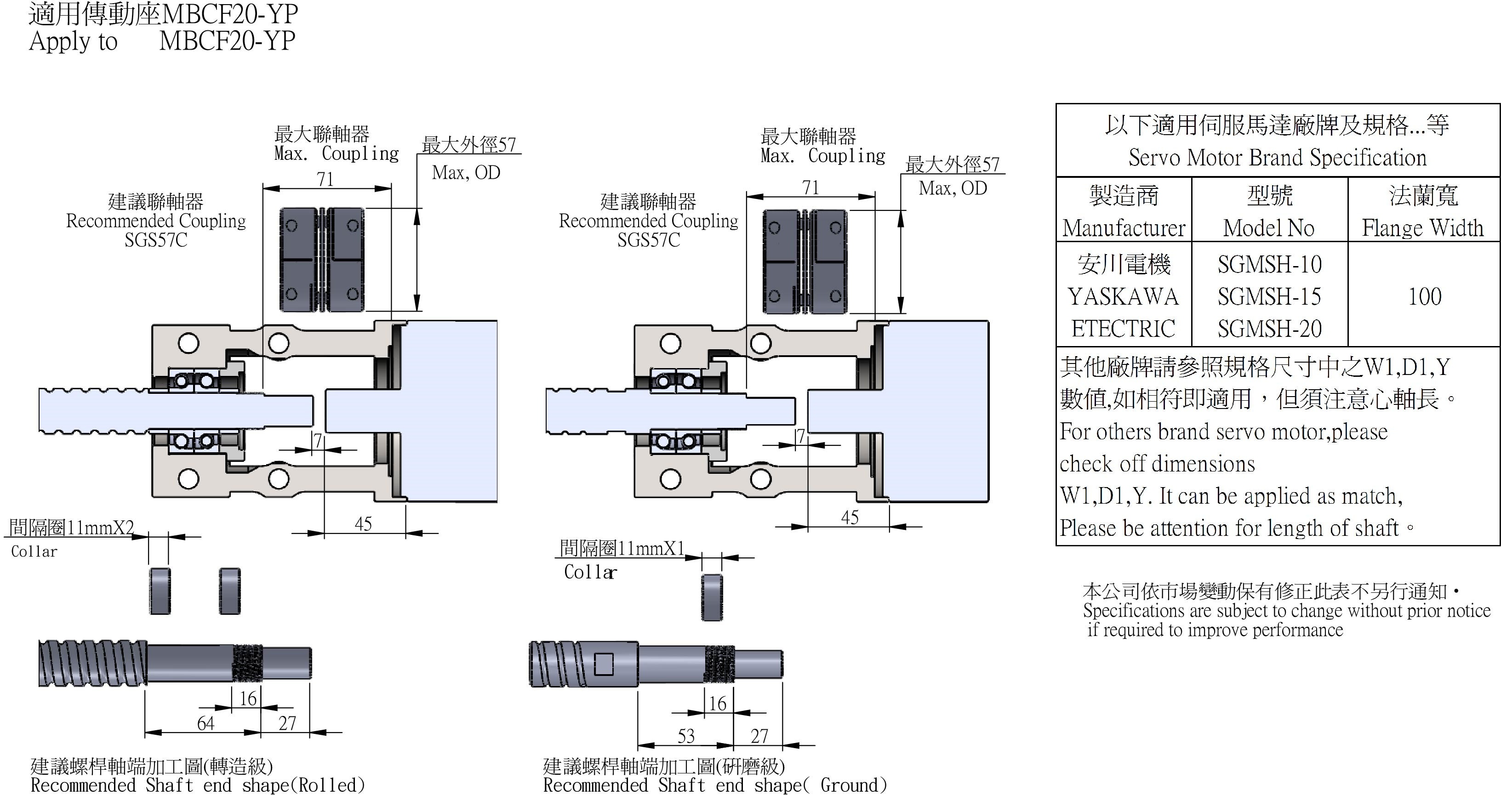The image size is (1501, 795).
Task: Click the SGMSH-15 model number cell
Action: (1269, 297)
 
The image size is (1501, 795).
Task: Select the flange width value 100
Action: (1425, 297)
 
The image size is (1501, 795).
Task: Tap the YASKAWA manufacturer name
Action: (1123, 297)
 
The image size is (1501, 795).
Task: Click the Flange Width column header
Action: (1422, 228)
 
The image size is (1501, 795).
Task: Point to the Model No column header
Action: (1268, 228)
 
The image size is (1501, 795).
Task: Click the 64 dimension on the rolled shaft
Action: (205, 723)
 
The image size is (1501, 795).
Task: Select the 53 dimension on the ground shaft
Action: (686, 736)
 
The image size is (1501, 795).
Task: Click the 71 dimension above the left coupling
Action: (325, 179)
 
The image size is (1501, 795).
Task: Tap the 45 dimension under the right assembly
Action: (850, 517)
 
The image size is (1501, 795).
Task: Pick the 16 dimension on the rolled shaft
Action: (248, 698)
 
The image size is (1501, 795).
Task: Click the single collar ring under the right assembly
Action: (712, 597)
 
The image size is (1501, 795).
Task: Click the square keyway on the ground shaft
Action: (604, 664)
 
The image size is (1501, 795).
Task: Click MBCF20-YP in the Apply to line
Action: (227, 41)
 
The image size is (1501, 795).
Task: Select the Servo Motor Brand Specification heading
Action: (1277, 157)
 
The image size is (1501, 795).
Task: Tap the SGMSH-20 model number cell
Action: (1269, 329)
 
